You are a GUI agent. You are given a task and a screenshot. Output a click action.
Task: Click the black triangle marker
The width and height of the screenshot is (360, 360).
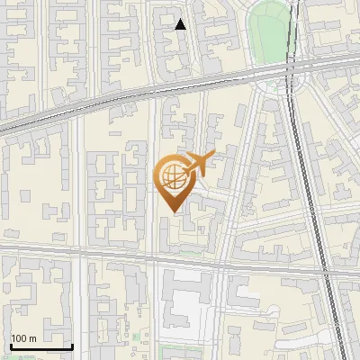(181, 24)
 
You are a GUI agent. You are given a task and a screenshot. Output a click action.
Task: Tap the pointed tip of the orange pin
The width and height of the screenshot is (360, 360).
(171, 211)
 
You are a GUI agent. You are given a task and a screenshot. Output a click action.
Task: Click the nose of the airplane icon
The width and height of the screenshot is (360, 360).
(213, 157)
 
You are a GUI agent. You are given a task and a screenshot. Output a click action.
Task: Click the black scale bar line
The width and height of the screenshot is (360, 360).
(41, 347)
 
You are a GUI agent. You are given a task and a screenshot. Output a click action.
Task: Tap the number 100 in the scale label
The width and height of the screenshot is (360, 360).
(20, 338)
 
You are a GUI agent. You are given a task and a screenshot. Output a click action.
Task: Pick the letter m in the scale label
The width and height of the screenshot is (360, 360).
(33, 338)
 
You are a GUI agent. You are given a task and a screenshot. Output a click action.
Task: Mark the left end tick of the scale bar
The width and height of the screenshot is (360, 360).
(11, 346)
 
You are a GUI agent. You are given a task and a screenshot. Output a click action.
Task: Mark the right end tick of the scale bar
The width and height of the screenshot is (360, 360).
(72, 346)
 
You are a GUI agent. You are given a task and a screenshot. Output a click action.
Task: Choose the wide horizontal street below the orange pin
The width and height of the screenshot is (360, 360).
(135, 260)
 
